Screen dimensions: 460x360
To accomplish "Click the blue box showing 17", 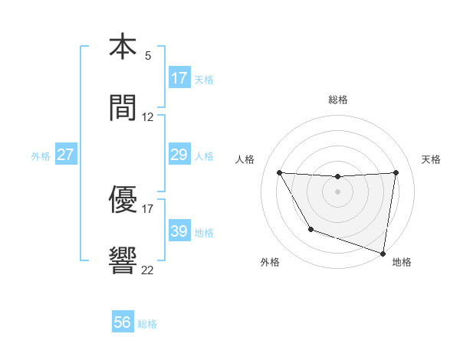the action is coord(179,78).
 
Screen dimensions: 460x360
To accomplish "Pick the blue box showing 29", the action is coord(179,155).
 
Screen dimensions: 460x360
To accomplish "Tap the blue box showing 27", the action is coord(66,155).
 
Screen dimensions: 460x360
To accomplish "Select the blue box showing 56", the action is coord(123,323).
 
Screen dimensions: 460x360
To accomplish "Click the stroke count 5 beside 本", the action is coord(148,56).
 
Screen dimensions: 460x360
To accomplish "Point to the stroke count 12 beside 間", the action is coord(148,117).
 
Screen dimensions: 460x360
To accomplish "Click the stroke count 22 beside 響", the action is coord(148,270).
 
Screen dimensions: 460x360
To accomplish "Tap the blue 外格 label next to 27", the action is coord(41,156).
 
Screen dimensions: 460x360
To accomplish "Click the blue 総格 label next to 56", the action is coord(147,324).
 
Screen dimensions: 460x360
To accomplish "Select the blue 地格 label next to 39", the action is coord(204,233).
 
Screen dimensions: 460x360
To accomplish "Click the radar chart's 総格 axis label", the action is coord(338,100).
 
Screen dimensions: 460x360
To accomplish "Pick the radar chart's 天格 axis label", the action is coord(432,159).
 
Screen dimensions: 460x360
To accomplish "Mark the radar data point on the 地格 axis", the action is coord(383,253).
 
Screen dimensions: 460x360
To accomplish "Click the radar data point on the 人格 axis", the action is coord(279,172).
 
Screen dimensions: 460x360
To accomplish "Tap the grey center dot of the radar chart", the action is coord(338,191).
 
